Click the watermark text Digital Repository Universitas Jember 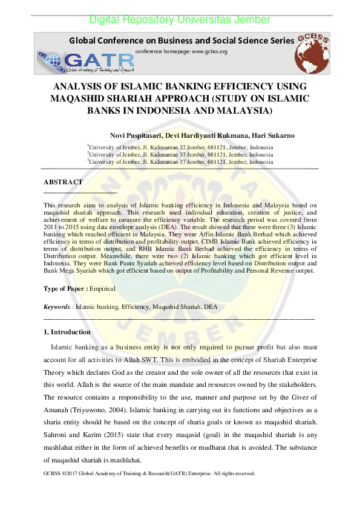tap(180, 20)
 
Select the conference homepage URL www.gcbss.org tap(209, 52)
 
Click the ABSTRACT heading tap(63, 182)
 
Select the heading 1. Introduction tap(67, 332)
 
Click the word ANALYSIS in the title tap(76, 86)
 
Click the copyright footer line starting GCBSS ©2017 tap(149, 473)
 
